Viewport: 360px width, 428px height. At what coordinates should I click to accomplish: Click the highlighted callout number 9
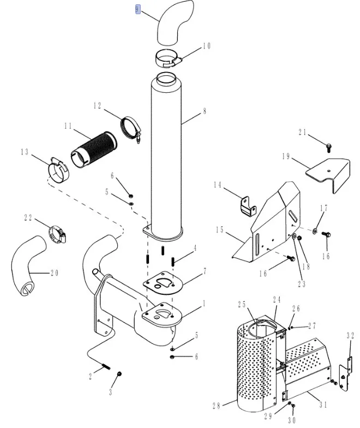[x=138, y=9]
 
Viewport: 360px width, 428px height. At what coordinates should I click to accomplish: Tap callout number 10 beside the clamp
[x=206, y=46]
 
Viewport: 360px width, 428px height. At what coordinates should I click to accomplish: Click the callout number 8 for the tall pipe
[x=204, y=111]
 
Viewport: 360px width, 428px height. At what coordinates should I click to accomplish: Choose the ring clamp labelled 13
[x=58, y=171]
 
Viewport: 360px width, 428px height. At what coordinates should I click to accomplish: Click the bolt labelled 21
[x=329, y=146]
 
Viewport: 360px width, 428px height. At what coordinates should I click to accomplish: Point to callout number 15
[x=219, y=230]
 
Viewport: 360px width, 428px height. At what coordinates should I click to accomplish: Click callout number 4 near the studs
[x=194, y=250]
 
